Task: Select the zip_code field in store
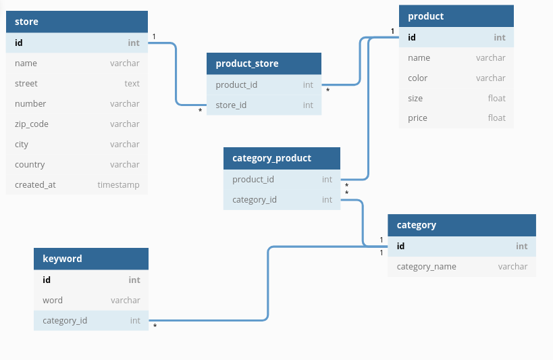point(32,124)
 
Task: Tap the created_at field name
point(35,185)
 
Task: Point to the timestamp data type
point(118,185)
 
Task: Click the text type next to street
point(132,84)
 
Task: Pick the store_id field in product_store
point(231,105)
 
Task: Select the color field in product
point(417,78)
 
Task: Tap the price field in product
point(417,118)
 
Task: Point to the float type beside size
point(496,99)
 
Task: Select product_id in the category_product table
point(253,180)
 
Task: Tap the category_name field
point(426,267)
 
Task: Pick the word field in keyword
point(53,301)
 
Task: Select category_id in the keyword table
point(65,321)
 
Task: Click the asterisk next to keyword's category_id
point(155,327)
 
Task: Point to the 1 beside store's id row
point(154,36)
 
